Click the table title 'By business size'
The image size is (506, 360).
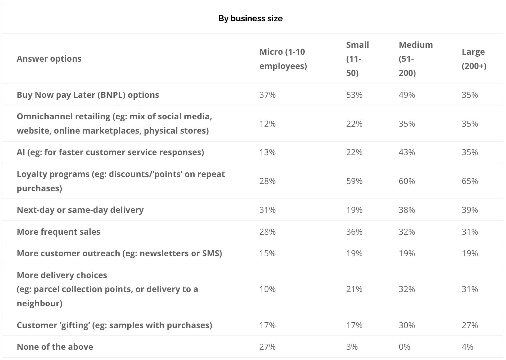coord(250,19)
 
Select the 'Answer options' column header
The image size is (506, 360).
coord(49,59)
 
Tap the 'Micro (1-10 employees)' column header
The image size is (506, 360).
coord(283,59)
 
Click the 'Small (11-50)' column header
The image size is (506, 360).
coord(357,59)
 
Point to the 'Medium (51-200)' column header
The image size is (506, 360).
coord(416,59)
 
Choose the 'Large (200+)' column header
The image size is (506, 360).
coord(474,59)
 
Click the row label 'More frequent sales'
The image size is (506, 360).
coord(58,232)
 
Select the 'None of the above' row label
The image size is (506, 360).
coord(55,347)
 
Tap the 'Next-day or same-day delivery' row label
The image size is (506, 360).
coord(80,210)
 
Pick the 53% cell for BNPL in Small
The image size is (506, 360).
coord(354,95)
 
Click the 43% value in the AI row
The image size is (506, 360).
coord(407,152)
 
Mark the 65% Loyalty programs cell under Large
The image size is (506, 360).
coord(470,181)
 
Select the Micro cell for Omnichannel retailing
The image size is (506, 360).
coord(267,124)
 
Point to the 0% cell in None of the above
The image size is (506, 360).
coord(404,347)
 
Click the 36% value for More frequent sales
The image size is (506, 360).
coord(354,232)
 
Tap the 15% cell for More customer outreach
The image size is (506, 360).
coord(267,253)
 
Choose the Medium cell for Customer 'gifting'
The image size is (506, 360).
coord(407,325)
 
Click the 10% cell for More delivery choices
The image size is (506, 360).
coord(267,289)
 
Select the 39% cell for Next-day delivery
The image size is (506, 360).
coord(470,210)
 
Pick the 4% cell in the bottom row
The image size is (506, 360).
coord(468,347)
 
